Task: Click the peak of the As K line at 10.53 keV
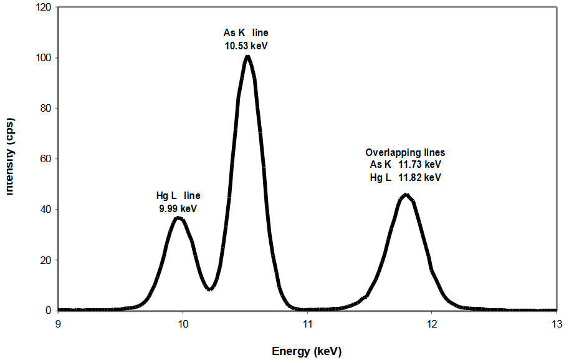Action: pyautogui.click(x=248, y=57)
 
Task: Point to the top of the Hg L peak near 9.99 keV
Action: pyautogui.click(x=178, y=218)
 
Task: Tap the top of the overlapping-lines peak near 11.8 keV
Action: pyautogui.click(x=406, y=195)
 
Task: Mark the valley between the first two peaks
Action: pyautogui.click(x=211, y=288)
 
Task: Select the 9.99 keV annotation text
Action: pyautogui.click(x=179, y=208)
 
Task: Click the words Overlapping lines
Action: pyautogui.click(x=405, y=153)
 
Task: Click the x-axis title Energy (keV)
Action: pyautogui.click(x=307, y=351)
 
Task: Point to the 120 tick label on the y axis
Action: pyautogui.click(x=43, y=8)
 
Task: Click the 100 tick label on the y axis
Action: pyautogui.click(x=43, y=58)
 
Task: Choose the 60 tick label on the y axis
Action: pyautogui.click(x=45, y=159)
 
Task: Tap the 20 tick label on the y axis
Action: pyautogui.click(x=45, y=260)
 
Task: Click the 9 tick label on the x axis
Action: pyautogui.click(x=58, y=323)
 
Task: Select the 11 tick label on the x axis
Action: pyautogui.click(x=307, y=323)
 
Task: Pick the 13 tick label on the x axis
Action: pyautogui.click(x=556, y=323)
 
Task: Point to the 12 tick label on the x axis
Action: pyautogui.click(x=432, y=323)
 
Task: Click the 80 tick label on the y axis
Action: pyautogui.click(x=45, y=109)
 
